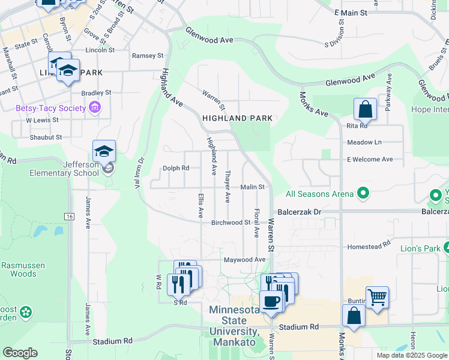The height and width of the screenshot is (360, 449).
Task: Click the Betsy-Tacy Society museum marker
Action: [x=94, y=108]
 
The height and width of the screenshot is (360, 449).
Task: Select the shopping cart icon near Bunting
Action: [x=377, y=297]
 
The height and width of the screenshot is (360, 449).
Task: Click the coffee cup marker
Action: [x=271, y=302]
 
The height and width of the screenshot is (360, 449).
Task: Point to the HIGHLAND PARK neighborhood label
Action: [x=237, y=118]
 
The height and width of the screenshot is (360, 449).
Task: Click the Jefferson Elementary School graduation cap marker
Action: [x=104, y=153]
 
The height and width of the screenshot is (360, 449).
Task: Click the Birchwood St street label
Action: [x=231, y=223]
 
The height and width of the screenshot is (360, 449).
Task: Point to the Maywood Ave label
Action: [x=244, y=260]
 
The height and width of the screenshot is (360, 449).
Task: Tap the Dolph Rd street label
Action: [x=176, y=168]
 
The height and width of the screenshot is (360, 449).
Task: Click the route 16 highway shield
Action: [x=70, y=216]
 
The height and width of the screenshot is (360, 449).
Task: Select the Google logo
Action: [x=20, y=353]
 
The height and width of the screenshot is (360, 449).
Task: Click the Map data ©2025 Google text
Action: [x=411, y=355]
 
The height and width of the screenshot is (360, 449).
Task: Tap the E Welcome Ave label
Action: [x=369, y=159]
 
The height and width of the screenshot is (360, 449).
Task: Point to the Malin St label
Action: [x=253, y=187]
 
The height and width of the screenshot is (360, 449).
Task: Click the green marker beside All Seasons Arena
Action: [x=363, y=193]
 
